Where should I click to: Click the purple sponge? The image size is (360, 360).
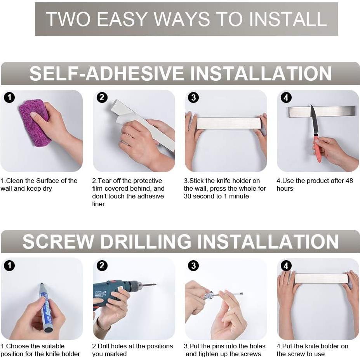tap(35, 123)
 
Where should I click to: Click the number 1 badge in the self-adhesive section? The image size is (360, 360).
tap(9, 97)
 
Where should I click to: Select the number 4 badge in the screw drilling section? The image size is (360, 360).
tap(286, 266)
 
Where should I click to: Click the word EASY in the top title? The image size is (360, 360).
tap(122, 19)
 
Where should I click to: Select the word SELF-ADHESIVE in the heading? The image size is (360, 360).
tap(106, 73)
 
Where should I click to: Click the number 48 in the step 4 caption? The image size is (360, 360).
tap(349, 181)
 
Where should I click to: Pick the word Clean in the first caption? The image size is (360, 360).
tap(15, 181)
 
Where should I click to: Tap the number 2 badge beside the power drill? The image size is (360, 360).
tap(102, 266)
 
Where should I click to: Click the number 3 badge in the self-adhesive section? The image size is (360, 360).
tap(193, 97)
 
